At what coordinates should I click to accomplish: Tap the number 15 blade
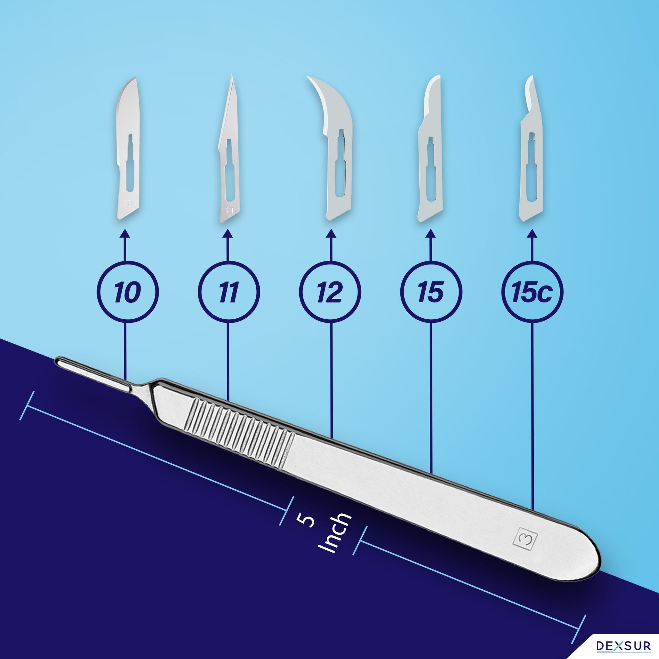point(430,150)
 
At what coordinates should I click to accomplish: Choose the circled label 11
point(229,292)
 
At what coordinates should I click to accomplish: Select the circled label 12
point(330,292)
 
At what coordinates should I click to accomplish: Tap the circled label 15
point(431,292)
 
